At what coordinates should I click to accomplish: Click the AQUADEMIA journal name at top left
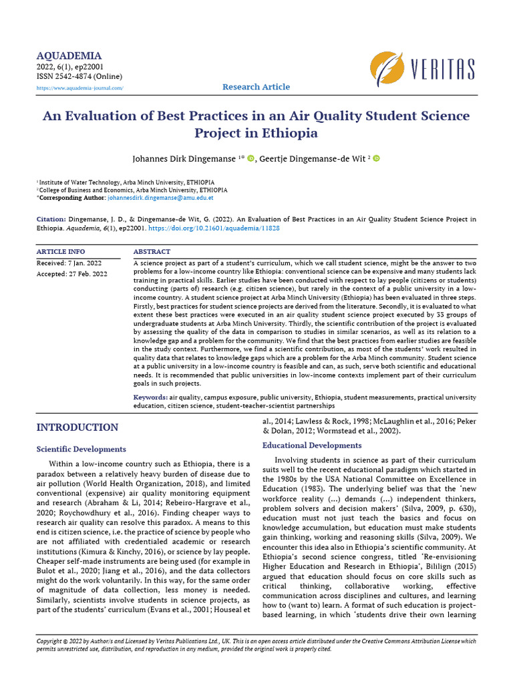[x=69, y=56]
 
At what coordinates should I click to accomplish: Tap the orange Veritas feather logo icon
[x=387, y=68]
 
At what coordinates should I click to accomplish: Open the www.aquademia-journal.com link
[x=79, y=88]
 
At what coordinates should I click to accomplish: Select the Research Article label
[x=256, y=87]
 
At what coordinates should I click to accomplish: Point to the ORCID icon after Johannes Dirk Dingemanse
[x=251, y=158]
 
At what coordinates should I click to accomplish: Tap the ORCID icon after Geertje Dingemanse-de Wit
[x=375, y=158]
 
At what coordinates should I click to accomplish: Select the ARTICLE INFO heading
[x=61, y=252]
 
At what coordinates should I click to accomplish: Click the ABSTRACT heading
[x=152, y=252]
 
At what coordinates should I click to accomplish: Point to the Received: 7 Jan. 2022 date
[x=69, y=263]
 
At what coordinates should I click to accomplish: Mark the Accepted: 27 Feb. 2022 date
[x=72, y=273]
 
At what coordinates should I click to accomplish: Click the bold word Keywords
[x=150, y=397]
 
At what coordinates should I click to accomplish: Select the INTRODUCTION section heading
[x=77, y=427]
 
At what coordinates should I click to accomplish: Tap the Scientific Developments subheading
[x=81, y=449]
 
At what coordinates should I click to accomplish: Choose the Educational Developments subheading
[x=312, y=445]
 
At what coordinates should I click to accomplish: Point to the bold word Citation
[x=50, y=219]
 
